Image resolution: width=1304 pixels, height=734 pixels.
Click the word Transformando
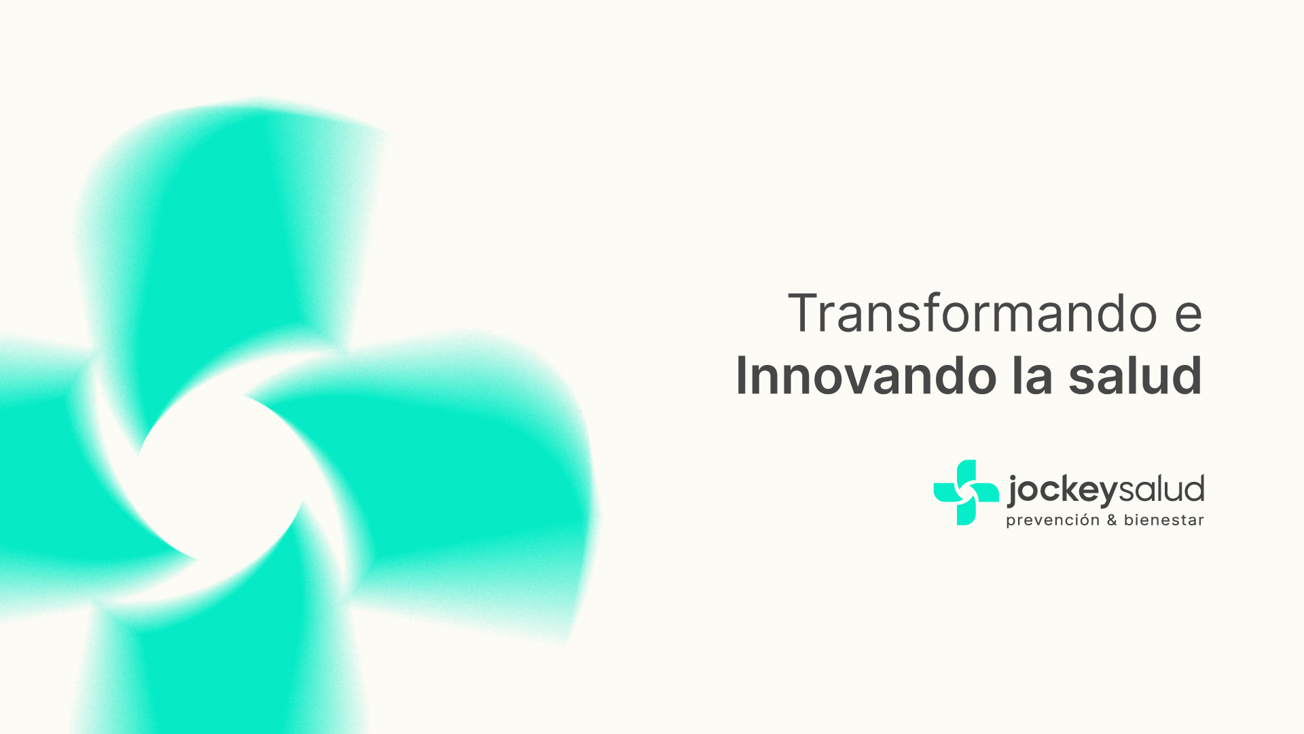click(x=972, y=313)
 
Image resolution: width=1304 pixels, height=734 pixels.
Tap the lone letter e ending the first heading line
click(x=1188, y=317)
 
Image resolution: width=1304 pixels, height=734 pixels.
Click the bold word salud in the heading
click(x=1135, y=376)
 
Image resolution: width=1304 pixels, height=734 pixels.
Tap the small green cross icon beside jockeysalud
click(x=966, y=493)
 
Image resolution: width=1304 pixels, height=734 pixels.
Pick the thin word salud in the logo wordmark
click(x=1161, y=489)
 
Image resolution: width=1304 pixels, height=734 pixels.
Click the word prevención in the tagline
click(x=1052, y=521)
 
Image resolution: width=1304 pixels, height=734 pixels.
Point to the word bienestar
click(x=1163, y=521)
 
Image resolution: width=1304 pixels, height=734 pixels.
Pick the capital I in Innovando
click(x=742, y=376)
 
